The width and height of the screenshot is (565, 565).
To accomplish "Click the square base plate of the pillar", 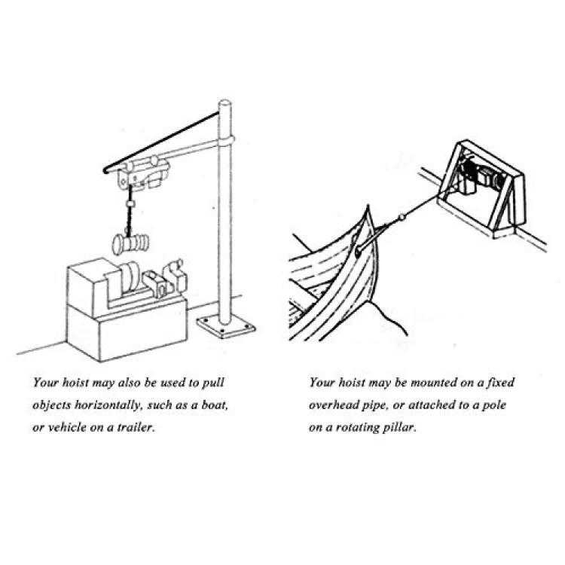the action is (226, 326).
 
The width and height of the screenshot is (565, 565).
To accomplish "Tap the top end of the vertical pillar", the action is (224, 102).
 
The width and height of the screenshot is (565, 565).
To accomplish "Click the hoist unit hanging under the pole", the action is (143, 173).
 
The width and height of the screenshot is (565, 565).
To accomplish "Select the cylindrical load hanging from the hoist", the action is (130, 243).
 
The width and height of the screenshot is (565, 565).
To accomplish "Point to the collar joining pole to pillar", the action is (225, 141).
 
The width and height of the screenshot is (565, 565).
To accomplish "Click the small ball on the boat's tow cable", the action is (402, 217).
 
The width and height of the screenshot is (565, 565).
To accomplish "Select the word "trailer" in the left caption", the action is (136, 427).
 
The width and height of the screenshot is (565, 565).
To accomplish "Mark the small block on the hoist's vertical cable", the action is (130, 204).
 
